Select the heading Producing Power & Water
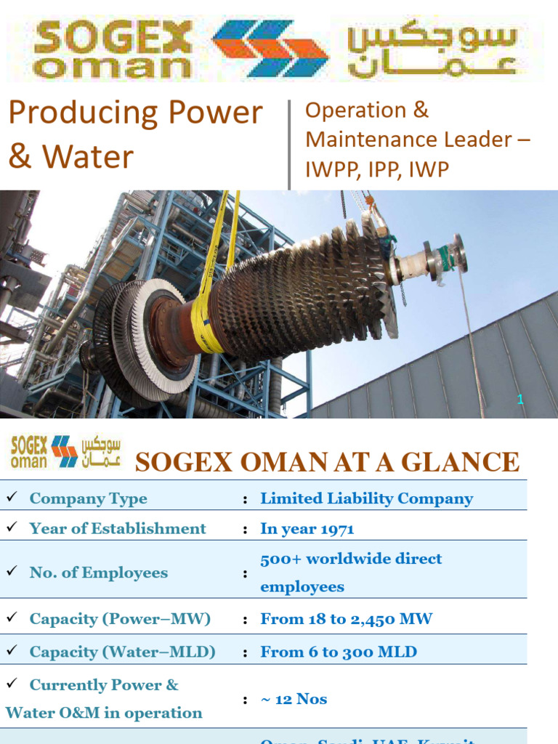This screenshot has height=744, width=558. (134, 134)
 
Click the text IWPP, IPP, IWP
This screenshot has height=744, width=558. (377, 169)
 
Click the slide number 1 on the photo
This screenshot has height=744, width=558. (520, 399)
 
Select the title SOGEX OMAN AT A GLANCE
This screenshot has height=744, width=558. (328, 462)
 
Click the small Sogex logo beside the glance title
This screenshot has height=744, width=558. (65, 452)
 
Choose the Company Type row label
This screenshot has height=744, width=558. (88, 498)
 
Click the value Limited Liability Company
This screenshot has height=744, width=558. (366, 498)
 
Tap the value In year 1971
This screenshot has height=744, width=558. (307, 529)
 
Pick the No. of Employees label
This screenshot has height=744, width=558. (98, 573)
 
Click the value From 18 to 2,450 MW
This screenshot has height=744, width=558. (346, 619)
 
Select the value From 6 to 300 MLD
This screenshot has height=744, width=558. (339, 652)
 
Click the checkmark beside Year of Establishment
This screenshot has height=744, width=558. (11, 527)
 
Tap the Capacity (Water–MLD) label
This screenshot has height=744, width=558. (122, 652)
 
